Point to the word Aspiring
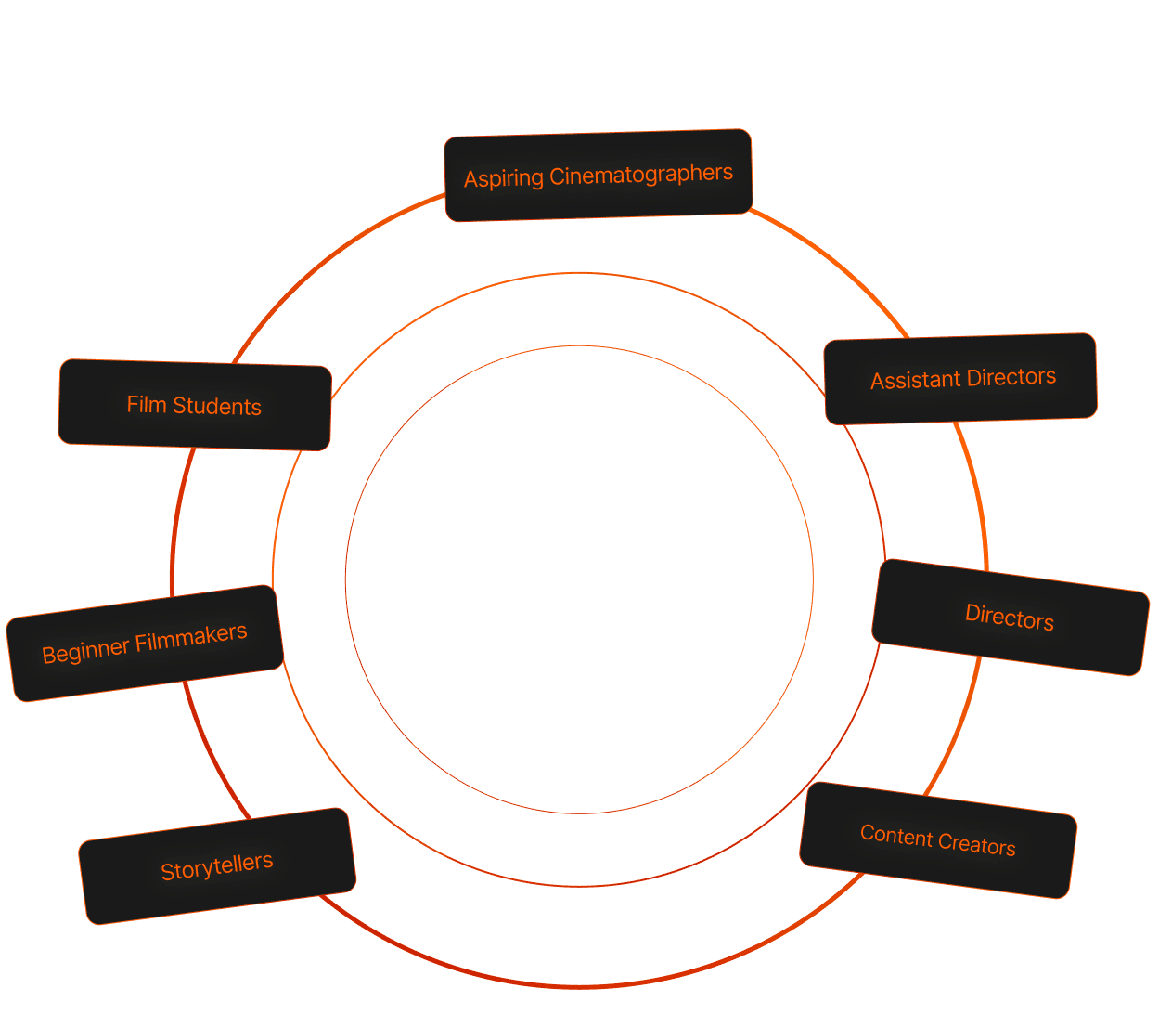click(504, 178)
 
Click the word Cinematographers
click(641, 174)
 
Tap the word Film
click(146, 404)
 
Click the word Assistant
click(915, 380)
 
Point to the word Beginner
click(85, 650)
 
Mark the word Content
click(896, 836)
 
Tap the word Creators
click(978, 844)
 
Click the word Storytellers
click(217, 866)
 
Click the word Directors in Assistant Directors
click(1011, 376)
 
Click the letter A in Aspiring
click(470, 179)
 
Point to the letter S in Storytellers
click(167, 873)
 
